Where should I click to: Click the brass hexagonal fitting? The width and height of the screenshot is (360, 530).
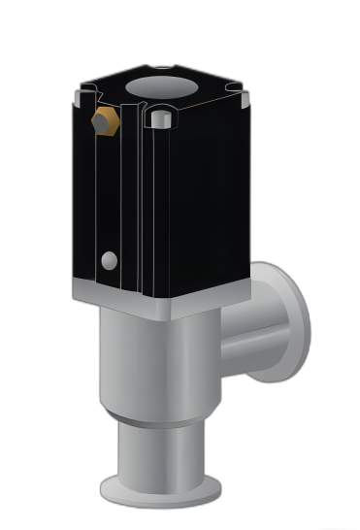click(x=105, y=122)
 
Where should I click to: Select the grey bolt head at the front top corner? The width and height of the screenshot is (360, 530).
click(x=161, y=120)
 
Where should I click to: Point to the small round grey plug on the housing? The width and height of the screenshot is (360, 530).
click(x=110, y=260)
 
